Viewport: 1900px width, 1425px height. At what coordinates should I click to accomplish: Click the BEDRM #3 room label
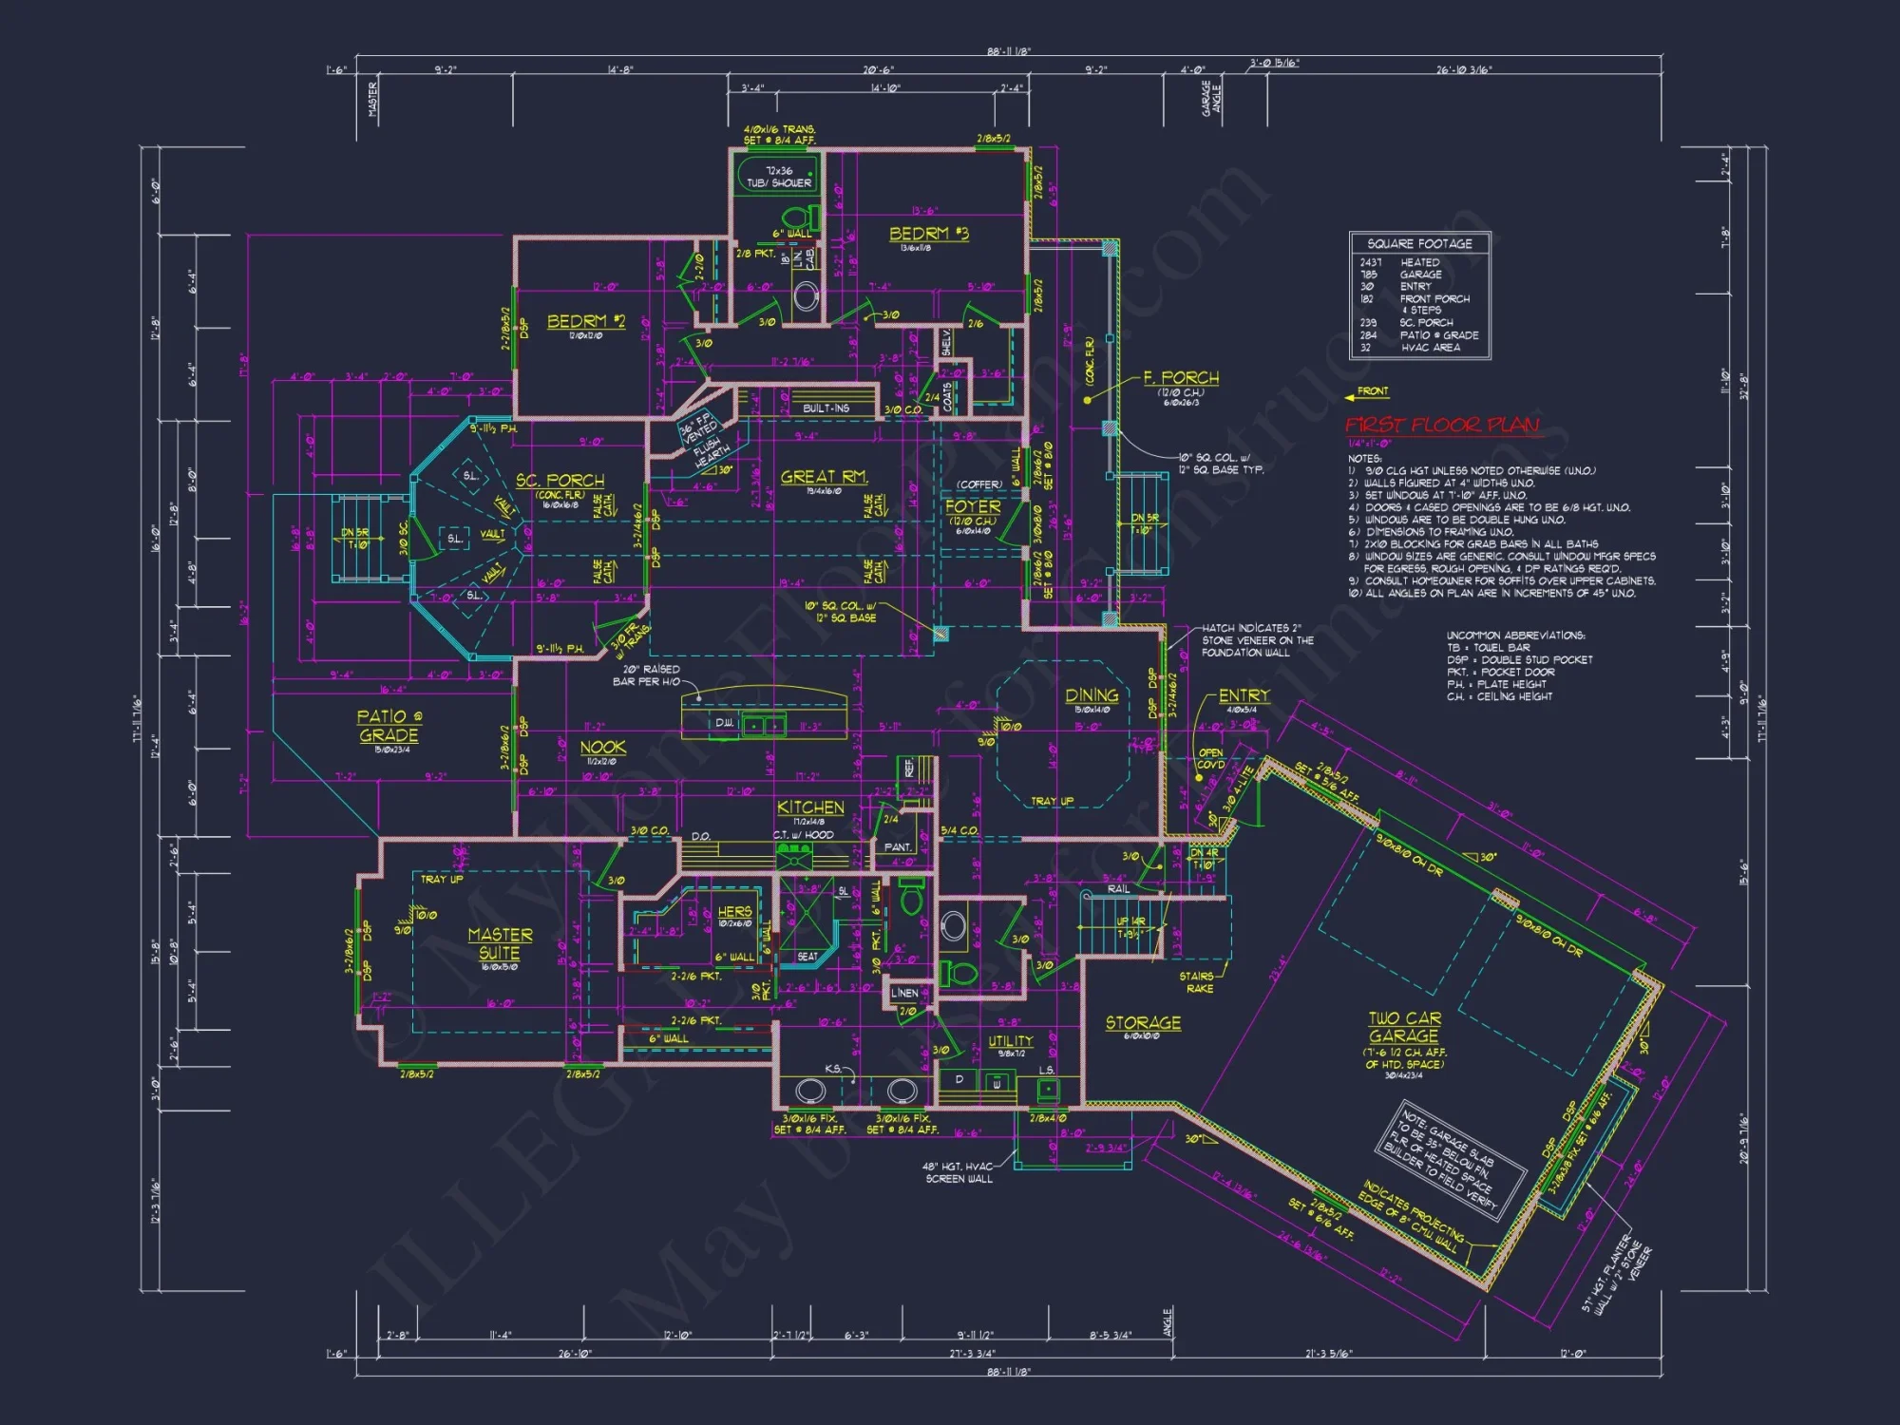(928, 234)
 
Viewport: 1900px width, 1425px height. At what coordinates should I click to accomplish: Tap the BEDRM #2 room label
(585, 321)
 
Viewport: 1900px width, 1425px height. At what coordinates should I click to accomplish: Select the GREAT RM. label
(824, 477)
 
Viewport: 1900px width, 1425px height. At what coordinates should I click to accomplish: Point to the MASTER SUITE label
(500, 943)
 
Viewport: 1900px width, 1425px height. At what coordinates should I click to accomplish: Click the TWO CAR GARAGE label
(1404, 1027)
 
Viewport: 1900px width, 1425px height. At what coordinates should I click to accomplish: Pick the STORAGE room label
(1143, 1023)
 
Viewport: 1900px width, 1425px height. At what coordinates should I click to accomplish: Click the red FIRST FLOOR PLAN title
(1441, 425)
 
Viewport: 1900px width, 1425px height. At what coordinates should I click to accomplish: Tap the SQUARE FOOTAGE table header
(1419, 244)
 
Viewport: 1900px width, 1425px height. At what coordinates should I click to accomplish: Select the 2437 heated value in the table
(1371, 262)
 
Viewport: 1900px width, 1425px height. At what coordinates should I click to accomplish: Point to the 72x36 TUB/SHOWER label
(779, 177)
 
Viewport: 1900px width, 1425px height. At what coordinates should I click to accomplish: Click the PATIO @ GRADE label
(389, 726)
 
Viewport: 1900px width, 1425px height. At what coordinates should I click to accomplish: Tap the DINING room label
(1092, 695)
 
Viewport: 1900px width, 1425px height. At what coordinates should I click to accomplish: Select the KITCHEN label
(810, 807)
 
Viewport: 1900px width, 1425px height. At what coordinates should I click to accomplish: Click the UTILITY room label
(1010, 1041)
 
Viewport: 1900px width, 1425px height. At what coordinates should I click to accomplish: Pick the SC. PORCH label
(560, 481)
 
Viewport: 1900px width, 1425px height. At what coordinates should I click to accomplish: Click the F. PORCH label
(1181, 378)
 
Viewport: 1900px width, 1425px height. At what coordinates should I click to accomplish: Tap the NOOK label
(602, 748)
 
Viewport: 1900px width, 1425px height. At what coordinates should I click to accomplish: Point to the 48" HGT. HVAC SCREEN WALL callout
(959, 1172)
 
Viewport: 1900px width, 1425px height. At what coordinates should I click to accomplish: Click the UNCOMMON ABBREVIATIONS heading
(1514, 636)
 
